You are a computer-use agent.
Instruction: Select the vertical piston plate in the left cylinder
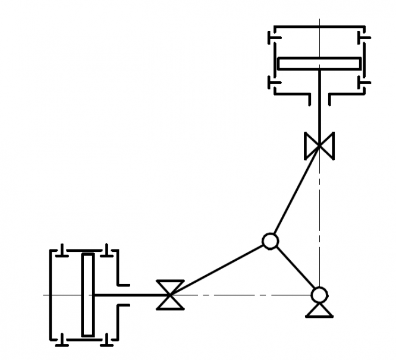click(88, 295)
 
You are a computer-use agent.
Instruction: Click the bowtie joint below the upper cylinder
click(319, 146)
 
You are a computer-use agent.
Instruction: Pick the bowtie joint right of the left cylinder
click(171, 295)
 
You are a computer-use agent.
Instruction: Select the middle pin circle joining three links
click(270, 241)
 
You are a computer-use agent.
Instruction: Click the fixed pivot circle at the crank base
click(319, 294)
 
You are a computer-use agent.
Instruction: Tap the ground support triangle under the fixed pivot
click(319, 310)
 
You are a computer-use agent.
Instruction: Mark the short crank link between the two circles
click(295, 268)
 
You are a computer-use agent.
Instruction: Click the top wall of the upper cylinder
click(319, 27)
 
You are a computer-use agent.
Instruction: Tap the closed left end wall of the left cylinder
click(50, 295)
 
